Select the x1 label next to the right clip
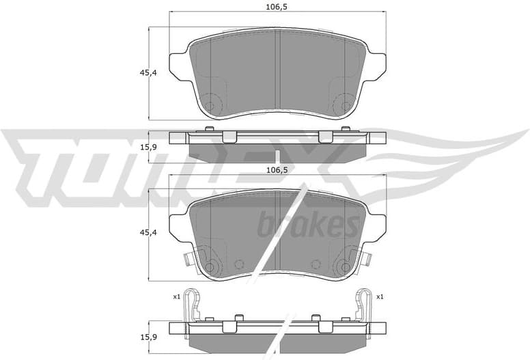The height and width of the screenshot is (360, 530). [x=380, y=296]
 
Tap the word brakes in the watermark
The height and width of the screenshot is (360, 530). [x=308, y=224]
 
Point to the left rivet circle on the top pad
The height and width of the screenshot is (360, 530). [x=210, y=106]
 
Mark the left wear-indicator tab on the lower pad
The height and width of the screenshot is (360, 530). [x=189, y=260]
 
